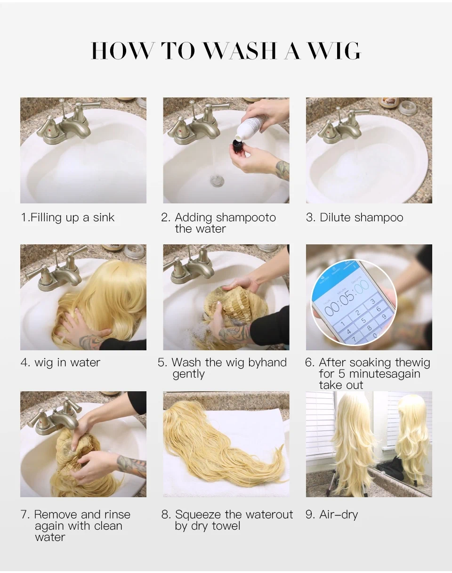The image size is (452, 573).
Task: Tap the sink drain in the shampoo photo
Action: (217, 180)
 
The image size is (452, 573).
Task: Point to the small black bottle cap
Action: (237, 145)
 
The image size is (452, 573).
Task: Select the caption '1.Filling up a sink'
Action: (68, 218)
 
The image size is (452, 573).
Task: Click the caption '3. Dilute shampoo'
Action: (355, 218)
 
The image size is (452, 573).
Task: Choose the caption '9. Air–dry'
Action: (332, 515)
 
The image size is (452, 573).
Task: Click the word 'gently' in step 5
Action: (189, 374)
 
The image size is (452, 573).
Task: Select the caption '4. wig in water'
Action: (60, 363)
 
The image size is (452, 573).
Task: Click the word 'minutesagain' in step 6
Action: (385, 374)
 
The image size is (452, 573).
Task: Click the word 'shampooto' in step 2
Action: (246, 218)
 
